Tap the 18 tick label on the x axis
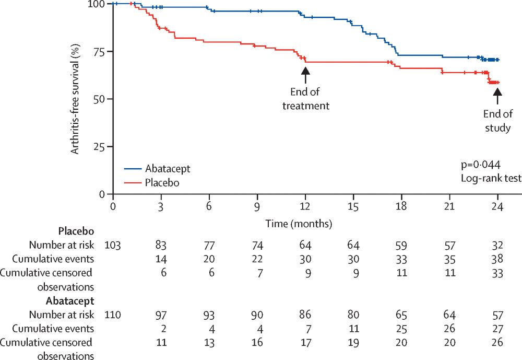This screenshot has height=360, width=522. coord(401,207)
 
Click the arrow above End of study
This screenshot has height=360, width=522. coord(497,96)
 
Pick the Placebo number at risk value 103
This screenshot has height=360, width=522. coord(113,244)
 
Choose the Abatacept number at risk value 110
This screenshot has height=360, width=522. coord(113,315)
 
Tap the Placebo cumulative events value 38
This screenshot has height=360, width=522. coord(497,258)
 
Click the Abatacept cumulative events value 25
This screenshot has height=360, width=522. coord(401,329)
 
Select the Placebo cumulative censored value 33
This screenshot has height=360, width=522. coord(497,272)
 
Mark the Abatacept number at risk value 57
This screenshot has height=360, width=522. coord(497,315)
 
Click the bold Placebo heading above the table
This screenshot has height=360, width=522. coord(76,230)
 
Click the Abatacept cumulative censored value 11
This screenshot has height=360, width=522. coord(161,343)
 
